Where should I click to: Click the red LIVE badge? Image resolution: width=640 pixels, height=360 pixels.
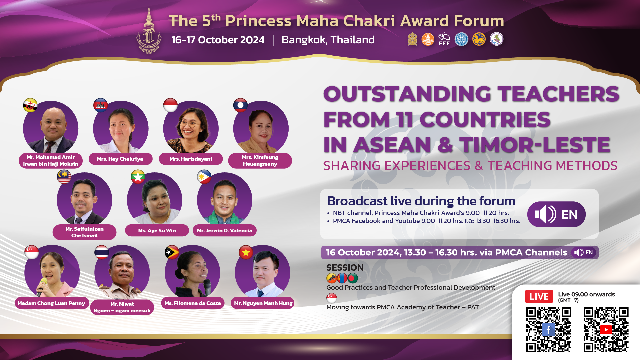coord(539,296)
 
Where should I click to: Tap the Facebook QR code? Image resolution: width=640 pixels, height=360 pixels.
coord(549,330)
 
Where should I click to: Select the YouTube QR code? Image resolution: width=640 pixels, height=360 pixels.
coord(606,330)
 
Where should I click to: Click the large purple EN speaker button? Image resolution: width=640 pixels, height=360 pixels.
coord(556,214)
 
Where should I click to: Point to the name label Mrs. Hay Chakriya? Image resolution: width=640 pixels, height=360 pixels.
coord(120,159)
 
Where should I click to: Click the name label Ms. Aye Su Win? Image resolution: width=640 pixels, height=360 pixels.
coord(157,230)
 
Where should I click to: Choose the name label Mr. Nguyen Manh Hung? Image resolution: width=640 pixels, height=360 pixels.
coord(263,303)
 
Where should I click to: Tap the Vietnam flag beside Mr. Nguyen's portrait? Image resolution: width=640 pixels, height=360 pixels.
coord(246,253)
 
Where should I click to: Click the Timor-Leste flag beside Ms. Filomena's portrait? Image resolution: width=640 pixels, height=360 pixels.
coord(172,252)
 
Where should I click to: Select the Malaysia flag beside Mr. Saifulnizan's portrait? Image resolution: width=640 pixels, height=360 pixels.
coord(64,177)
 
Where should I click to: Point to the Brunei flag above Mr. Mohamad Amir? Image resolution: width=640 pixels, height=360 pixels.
coord(30,105)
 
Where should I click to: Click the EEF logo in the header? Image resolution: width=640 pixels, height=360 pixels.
coord(444,39)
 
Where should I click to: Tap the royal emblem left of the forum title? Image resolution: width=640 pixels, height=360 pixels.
coord(149,32)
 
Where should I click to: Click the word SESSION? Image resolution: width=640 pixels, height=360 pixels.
coord(345,268)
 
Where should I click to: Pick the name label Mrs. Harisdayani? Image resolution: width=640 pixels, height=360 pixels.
coord(191,159)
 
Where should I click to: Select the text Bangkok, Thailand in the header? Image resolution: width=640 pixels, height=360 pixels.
coord(328,40)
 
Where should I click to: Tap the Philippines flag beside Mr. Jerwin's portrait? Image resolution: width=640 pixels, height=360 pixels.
coord(204,177)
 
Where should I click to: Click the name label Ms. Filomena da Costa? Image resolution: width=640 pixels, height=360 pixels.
coord(192,303)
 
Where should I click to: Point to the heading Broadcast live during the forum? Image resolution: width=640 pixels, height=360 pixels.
coord(421,201)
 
